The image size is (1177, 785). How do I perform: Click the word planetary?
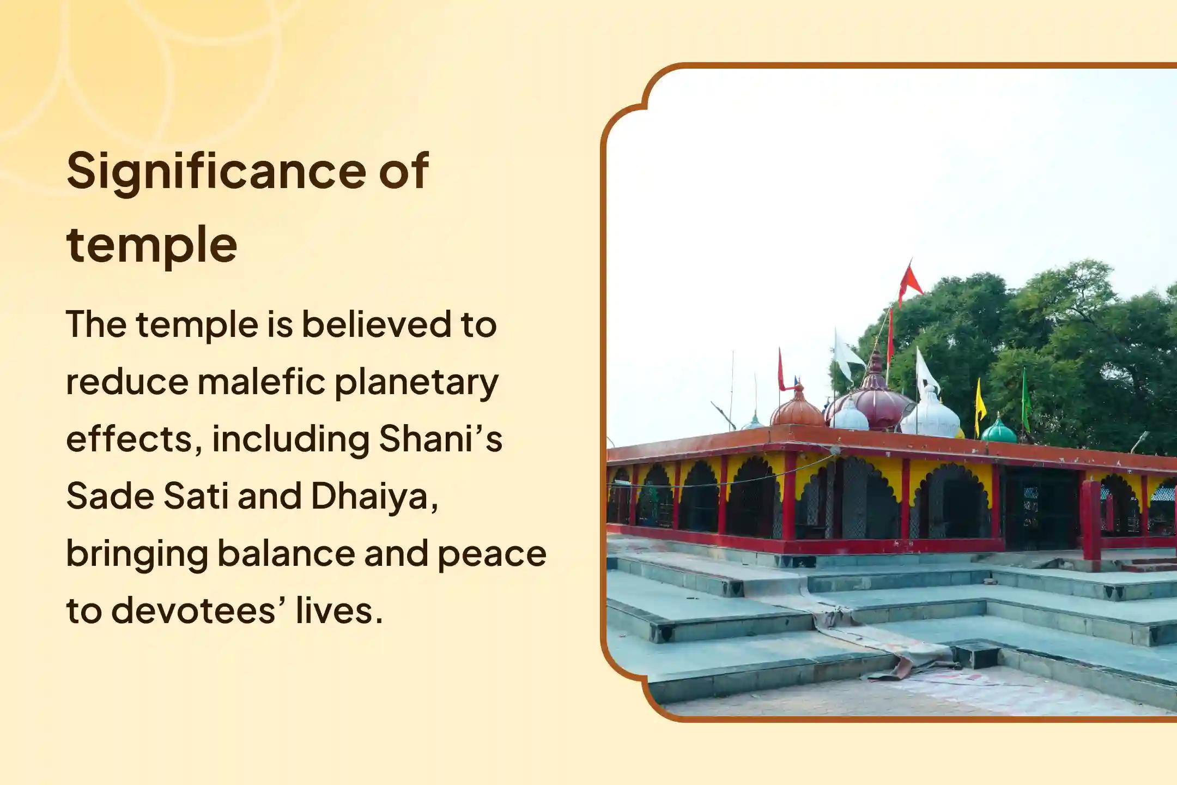(x=416, y=383)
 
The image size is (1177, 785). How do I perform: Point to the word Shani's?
(x=440, y=439)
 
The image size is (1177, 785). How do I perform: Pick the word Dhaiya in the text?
(x=374, y=497)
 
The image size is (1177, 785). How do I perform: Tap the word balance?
(x=286, y=553)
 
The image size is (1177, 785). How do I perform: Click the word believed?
(x=377, y=324)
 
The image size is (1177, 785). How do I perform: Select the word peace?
(x=492, y=554)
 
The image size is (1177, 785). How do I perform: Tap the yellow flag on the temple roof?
(x=980, y=401)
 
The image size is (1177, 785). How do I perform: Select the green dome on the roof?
(x=998, y=431)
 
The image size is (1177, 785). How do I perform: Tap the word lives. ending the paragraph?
(x=339, y=611)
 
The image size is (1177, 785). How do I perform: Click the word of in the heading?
(x=404, y=172)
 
